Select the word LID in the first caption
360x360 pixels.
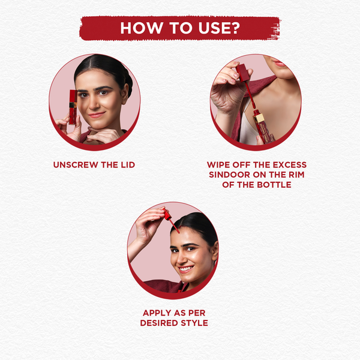128,165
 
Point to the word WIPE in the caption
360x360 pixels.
218,165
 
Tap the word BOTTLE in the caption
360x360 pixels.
274,185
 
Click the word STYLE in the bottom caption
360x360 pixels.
194,323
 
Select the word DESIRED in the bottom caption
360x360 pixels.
160,323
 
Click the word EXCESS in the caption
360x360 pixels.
290,165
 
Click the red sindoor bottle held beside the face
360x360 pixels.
73,107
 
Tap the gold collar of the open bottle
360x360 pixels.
258,118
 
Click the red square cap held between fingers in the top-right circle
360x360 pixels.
243,73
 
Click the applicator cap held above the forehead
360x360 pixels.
167,214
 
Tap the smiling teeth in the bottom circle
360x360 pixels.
186,269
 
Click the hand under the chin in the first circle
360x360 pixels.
101,135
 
